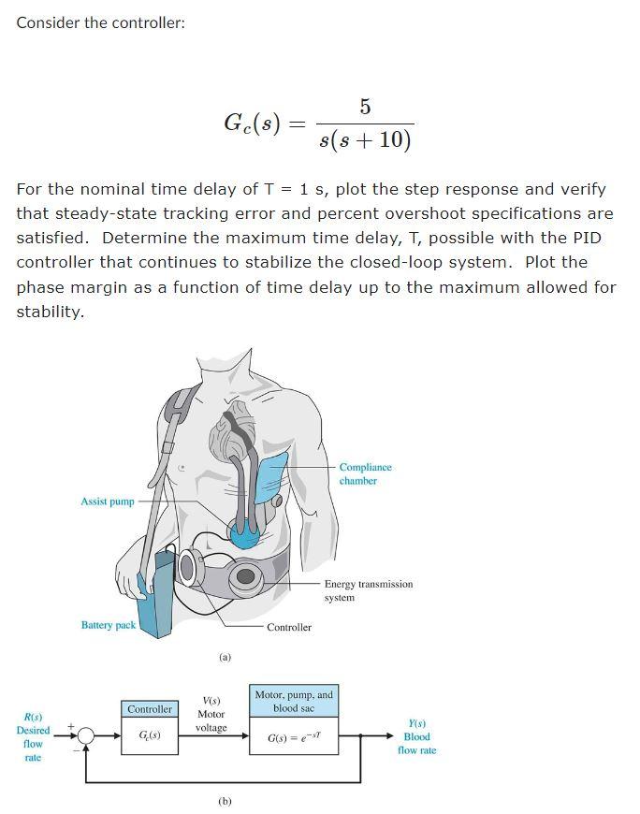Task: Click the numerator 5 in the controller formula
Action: click(x=364, y=107)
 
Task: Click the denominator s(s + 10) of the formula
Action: click(x=364, y=140)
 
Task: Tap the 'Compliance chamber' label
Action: click(x=365, y=473)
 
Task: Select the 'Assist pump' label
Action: click(x=108, y=501)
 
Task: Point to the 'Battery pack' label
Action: click(x=109, y=625)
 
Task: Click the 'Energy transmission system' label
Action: click(x=368, y=590)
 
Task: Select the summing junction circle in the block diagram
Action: click(x=86, y=735)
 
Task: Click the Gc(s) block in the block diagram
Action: click(x=150, y=735)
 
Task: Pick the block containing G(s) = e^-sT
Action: click(x=293, y=737)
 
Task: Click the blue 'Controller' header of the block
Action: click(x=150, y=710)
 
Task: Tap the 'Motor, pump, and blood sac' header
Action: click(x=293, y=701)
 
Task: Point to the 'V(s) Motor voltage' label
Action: click(x=211, y=714)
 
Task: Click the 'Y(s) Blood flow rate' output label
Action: click(x=416, y=736)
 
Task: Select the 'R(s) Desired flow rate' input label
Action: click(x=33, y=737)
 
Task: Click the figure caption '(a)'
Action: click(x=225, y=658)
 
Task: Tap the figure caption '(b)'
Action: click(x=225, y=801)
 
